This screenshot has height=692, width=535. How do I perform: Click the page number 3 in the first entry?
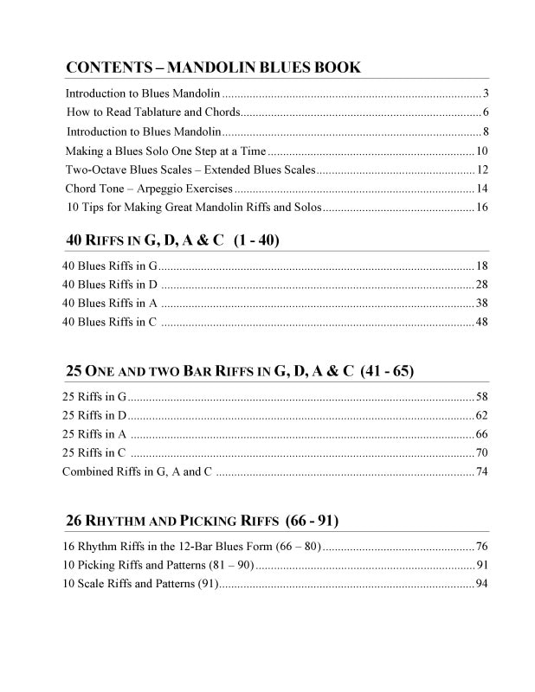pyautogui.click(x=487, y=93)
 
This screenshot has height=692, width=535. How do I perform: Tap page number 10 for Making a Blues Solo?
pyautogui.click(x=482, y=151)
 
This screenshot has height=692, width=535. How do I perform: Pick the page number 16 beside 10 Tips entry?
pyautogui.click(x=482, y=208)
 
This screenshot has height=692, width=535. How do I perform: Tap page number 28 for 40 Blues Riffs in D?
pyautogui.click(x=482, y=284)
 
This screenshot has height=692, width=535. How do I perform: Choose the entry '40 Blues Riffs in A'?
pyautogui.click(x=110, y=303)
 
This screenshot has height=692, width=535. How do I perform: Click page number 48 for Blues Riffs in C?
pyautogui.click(x=482, y=322)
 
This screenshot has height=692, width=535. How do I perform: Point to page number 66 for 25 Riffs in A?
pyautogui.click(x=482, y=434)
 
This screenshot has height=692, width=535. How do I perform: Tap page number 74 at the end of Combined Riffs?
pyautogui.click(x=482, y=472)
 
